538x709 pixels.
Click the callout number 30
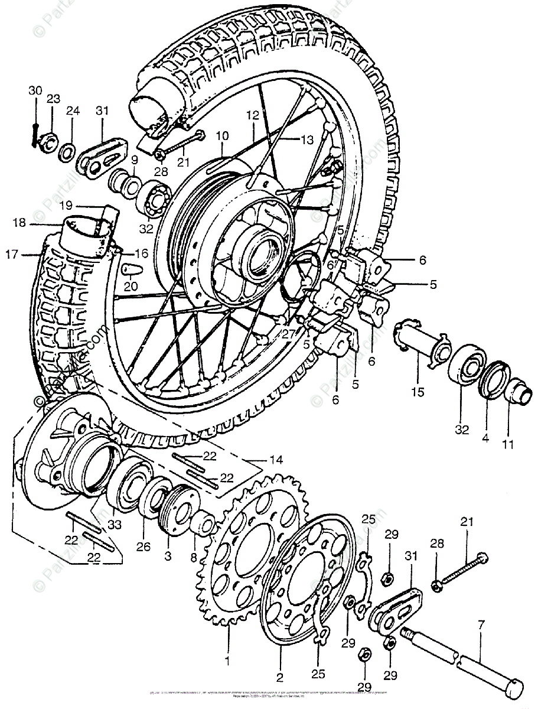pyautogui.click(x=35, y=90)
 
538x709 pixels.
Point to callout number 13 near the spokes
pyautogui.click(x=307, y=140)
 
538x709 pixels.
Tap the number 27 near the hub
pyautogui.click(x=288, y=334)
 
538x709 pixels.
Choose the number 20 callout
pyautogui.click(x=130, y=286)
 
